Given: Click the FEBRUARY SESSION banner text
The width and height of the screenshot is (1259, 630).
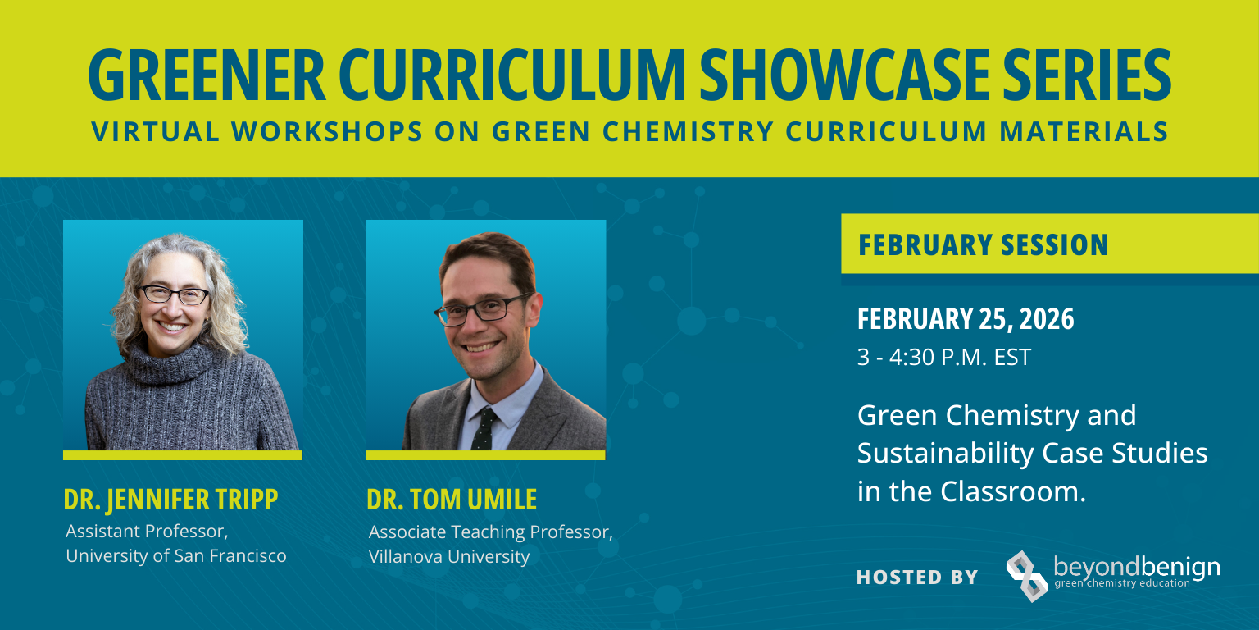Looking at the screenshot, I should [x=983, y=244].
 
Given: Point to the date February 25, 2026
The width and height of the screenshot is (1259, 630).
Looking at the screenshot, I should [x=965, y=319].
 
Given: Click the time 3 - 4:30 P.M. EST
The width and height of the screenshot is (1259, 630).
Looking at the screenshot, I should [x=943, y=358].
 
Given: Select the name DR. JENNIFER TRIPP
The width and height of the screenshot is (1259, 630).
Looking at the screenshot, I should [x=170, y=499].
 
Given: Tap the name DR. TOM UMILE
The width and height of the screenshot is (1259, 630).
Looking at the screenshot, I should [x=452, y=499].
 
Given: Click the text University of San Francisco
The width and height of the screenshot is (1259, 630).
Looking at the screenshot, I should [x=176, y=555].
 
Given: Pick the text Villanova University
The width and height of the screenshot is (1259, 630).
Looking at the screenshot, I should [x=449, y=556].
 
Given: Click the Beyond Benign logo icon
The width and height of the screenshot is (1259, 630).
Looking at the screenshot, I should [x=1027, y=575].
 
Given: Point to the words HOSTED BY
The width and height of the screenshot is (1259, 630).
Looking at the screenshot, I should [x=917, y=577].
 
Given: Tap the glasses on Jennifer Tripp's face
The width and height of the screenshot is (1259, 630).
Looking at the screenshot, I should [x=174, y=294].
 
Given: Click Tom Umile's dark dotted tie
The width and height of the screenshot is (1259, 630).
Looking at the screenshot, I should [x=484, y=428].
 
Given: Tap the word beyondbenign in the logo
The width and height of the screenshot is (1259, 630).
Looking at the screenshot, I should [x=1136, y=567].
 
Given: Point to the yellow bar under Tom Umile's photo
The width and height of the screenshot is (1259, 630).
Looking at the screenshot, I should [x=485, y=454].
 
